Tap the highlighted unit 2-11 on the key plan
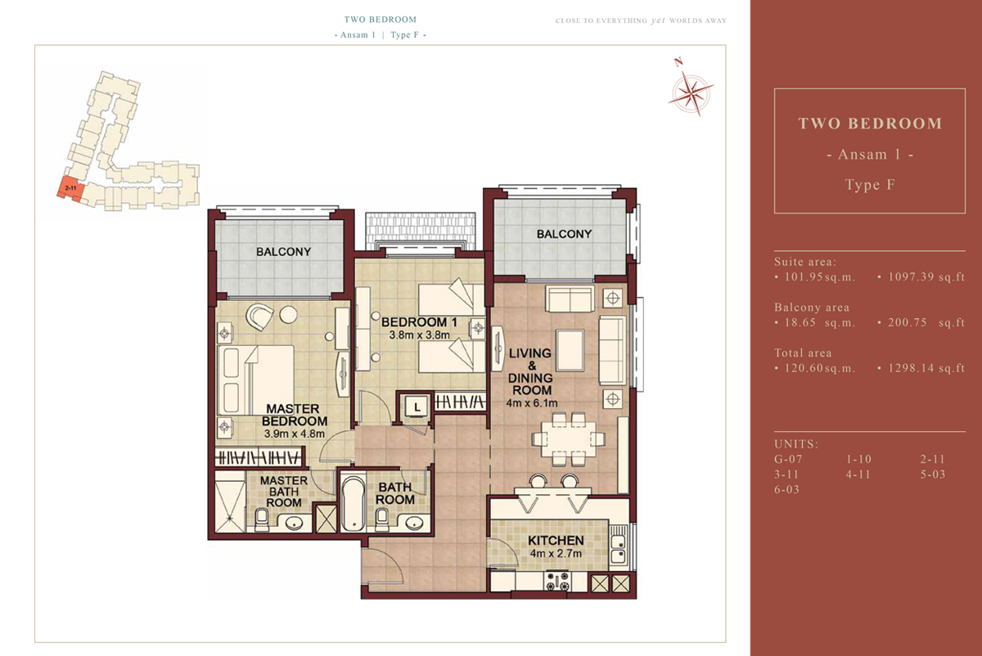pyautogui.click(x=70, y=188)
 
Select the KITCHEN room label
pyautogui.click(x=556, y=541)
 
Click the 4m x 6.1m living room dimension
pyautogui.click(x=532, y=403)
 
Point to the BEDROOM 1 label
pyautogui.click(x=419, y=322)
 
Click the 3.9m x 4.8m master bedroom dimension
pyautogui.click(x=294, y=434)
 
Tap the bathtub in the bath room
pyautogui.click(x=353, y=504)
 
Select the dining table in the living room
pyautogui.click(x=568, y=439)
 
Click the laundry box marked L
pyautogui.click(x=417, y=407)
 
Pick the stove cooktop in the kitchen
pyautogui.click(x=557, y=582)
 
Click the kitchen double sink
pyautogui.click(x=619, y=550)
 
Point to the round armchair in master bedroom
pyautogui.click(x=259, y=317)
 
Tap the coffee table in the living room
pyautogui.click(x=570, y=351)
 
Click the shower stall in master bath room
pyautogui.click(x=230, y=507)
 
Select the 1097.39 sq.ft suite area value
pyautogui.click(x=926, y=277)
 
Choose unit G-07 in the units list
pyautogui.click(x=788, y=459)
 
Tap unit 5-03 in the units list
pyautogui.click(x=932, y=474)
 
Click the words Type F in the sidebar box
pyautogui.click(x=870, y=185)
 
